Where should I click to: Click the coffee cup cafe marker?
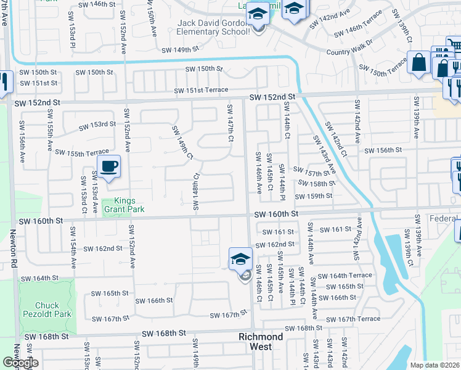tap(109, 166)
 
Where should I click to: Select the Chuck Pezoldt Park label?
tap(47, 310)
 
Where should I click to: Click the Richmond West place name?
tap(261, 342)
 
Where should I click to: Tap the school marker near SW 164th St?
tap(241, 260)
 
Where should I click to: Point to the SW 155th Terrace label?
tap(81, 152)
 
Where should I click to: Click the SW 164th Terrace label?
tap(348, 275)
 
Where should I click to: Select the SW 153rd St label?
tap(96, 125)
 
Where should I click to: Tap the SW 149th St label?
tap(180, 49)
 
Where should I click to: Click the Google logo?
tap(21, 363)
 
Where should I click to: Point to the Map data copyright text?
tap(434, 365)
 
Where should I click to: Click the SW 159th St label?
tap(314, 196)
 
